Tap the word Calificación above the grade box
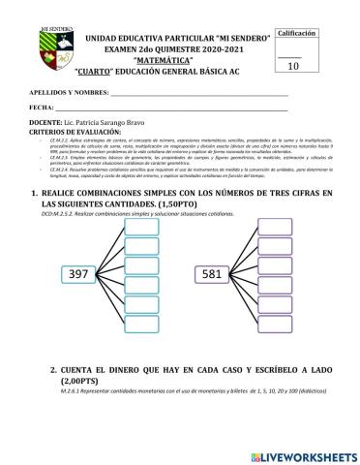click(x=297, y=33)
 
